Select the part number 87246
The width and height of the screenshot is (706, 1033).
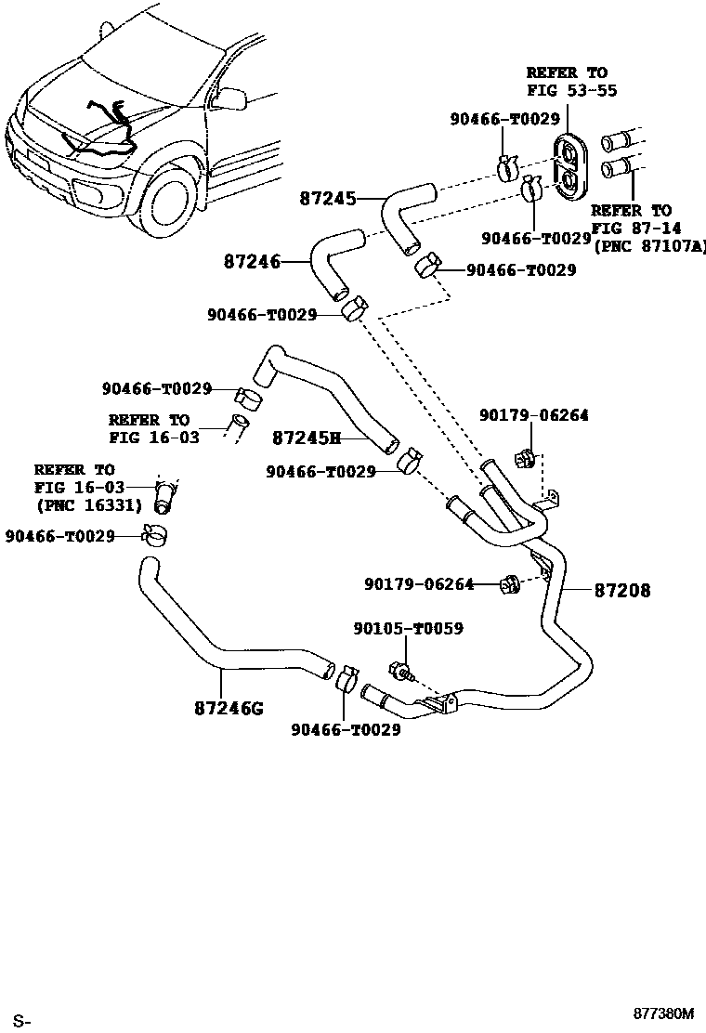pyautogui.click(x=252, y=263)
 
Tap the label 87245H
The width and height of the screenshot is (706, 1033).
pyautogui.click(x=307, y=437)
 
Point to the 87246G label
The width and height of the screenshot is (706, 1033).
pyautogui.click(x=229, y=709)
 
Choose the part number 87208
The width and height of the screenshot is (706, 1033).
pyautogui.click(x=622, y=590)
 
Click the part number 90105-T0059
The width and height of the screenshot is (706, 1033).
pyautogui.click(x=408, y=629)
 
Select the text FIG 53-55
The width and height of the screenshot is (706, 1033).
pyautogui.click(x=571, y=90)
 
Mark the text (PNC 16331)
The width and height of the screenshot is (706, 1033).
pyautogui.click(x=88, y=505)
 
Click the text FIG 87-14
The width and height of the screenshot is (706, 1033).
pyautogui.click(x=631, y=229)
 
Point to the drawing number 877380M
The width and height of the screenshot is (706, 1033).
pyautogui.click(x=664, y=1013)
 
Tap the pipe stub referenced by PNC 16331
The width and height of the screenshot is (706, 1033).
pyautogui.click(x=165, y=497)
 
